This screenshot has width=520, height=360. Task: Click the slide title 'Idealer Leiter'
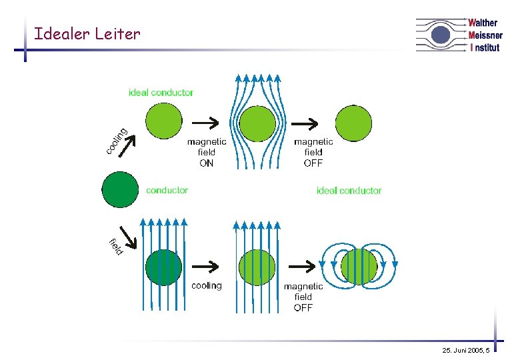[x=87, y=33]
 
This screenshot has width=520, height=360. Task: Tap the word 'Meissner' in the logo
[x=485, y=35]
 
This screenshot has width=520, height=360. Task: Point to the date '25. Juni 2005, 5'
[x=465, y=350]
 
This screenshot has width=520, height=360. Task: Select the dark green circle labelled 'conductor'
[x=120, y=189]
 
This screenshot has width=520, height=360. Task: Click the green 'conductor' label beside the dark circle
[x=167, y=191]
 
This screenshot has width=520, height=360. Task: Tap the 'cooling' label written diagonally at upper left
[x=117, y=140]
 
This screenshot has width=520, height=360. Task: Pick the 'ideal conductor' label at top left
[x=161, y=93]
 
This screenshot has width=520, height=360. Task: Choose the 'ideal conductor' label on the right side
[x=349, y=191]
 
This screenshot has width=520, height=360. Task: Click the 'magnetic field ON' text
[x=207, y=152]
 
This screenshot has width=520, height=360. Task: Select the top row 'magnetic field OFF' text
[x=313, y=152]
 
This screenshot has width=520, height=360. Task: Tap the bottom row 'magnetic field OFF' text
[x=303, y=297]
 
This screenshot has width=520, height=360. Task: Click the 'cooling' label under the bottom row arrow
[x=207, y=286]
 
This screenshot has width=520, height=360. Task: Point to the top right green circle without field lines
[x=353, y=123]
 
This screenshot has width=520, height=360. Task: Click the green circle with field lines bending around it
[x=257, y=124]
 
